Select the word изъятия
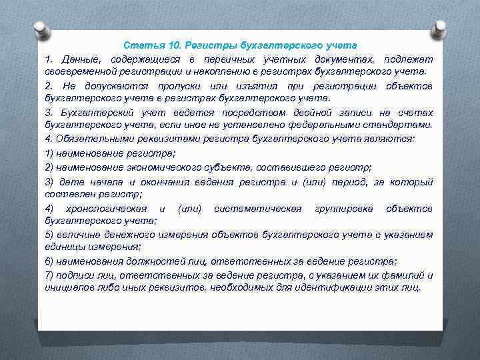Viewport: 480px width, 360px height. pos(249,87)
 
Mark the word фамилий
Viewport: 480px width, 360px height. pos(405,275)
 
